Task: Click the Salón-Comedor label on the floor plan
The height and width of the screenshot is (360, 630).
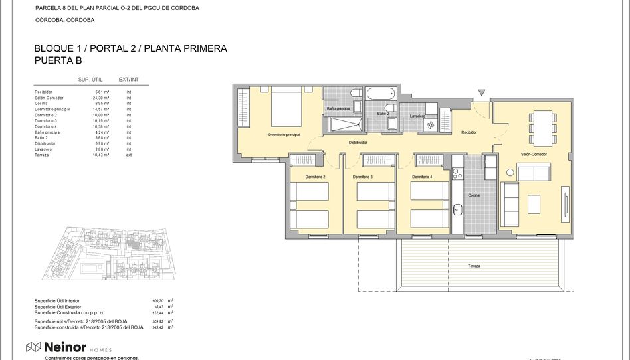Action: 534,154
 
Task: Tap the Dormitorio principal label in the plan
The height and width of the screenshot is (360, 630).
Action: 284,135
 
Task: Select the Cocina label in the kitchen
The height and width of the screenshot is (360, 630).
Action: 474,195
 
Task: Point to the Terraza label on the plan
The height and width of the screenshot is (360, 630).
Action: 474,266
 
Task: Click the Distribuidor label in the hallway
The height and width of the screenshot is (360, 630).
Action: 358,143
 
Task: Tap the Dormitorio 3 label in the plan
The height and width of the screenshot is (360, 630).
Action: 362,177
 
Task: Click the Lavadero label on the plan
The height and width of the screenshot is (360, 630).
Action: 417,116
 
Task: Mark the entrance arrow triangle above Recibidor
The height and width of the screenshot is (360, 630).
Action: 482,93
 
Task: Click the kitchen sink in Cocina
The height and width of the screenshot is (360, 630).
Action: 457,210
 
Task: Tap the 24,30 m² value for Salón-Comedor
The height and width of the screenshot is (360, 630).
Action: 102,98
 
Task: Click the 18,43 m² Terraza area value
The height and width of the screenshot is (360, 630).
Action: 102,155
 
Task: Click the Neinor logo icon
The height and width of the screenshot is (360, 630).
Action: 33,347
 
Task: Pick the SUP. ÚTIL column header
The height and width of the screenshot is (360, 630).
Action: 90,80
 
